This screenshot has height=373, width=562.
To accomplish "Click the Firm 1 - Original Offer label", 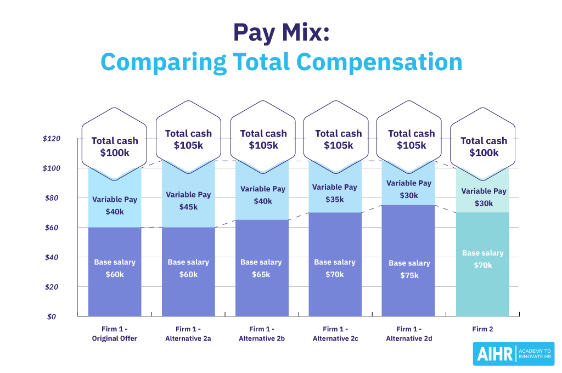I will click(114, 334).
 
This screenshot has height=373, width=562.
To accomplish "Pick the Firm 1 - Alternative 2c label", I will click(335, 334).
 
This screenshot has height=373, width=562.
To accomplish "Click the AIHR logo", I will click(513, 354).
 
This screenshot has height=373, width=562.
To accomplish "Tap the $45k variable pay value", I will click(188, 207).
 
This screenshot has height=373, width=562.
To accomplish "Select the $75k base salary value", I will click(409, 275).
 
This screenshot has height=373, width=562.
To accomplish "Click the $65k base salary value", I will click(261, 274).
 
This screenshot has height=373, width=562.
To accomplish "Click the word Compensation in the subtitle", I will click(384, 62).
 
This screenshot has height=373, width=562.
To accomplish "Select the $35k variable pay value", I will click(335, 199).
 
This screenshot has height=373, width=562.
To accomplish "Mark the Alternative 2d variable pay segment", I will click(409, 189).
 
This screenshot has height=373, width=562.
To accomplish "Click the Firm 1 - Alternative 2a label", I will click(188, 334).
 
